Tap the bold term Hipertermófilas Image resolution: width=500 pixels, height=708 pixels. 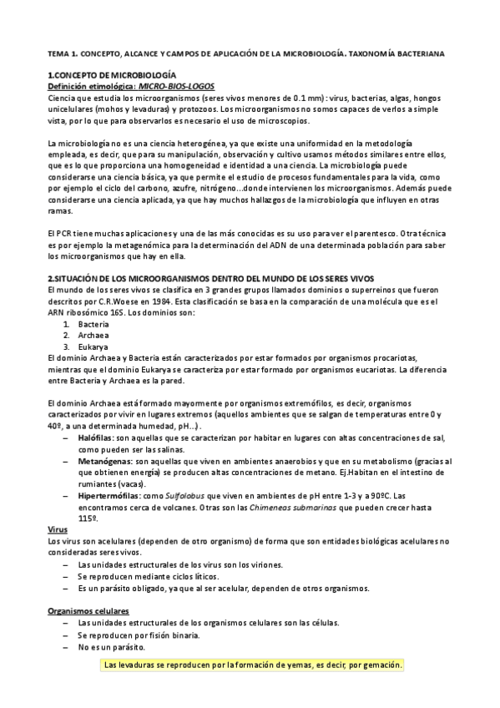pyautogui.click(x=109, y=496)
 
